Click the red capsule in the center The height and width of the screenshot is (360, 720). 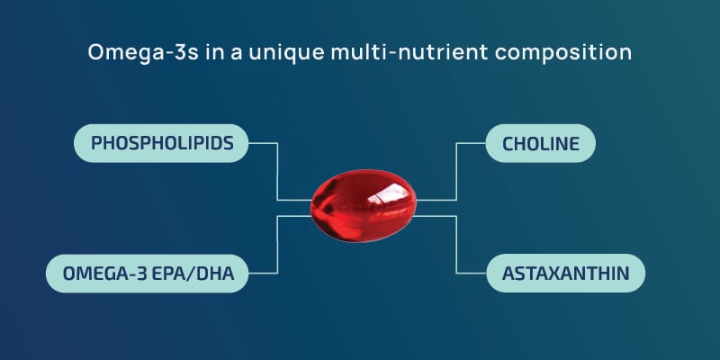click(360, 208)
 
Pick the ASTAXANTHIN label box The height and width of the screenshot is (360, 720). click(566, 273)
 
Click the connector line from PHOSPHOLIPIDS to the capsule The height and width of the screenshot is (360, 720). click(277, 171)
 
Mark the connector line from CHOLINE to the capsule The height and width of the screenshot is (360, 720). click(459, 171)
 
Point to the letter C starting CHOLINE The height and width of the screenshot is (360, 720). click(509, 143)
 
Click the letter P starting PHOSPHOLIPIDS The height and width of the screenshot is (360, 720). click(96, 143)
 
